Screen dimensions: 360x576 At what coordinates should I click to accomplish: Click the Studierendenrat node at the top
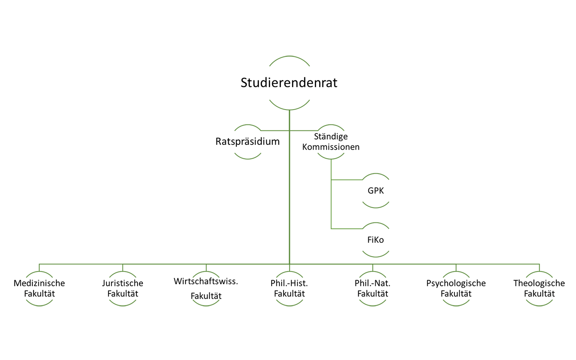pyautogui.click(x=289, y=83)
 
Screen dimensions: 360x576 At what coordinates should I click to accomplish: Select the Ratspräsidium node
pyautogui.click(x=248, y=142)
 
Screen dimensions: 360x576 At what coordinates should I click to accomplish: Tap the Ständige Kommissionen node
pyautogui.click(x=331, y=142)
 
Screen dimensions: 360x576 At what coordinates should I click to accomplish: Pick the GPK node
pyautogui.click(x=376, y=191)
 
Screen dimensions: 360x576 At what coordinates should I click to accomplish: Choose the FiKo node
pyautogui.click(x=376, y=240)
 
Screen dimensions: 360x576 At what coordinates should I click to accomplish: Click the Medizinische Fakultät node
pyautogui.click(x=39, y=288)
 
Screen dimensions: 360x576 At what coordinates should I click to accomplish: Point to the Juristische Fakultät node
pyautogui.click(x=123, y=288)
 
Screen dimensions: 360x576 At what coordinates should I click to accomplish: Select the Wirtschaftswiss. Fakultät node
pyautogui.click(x=206, y=288)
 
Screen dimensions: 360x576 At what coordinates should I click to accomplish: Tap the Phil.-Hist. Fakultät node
pyautogui.click(x=289, y=288)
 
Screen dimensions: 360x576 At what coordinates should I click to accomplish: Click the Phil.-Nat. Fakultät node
pyautogui.click(x=372, y=288)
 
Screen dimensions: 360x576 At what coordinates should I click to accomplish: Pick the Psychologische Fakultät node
pyautogui.click(x=456, y=288)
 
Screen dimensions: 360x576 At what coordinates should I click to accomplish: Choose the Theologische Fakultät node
pyautogui.click(x=539, y=288)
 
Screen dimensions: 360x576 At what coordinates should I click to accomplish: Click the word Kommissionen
pyautogui.click(x=331, y=147)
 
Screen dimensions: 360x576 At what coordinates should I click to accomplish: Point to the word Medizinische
pyautogui.click(x=39, y=283)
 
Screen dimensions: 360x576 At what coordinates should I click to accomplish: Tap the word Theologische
pyautogui.click(x=539, y=283)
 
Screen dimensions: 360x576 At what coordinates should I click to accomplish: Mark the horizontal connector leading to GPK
pyautogui.click(x=346, y=180)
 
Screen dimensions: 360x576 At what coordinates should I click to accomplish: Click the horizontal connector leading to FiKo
pyautogui.click(x=346, y=229)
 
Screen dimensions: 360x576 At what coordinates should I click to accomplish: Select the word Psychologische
pyautogui.click(x=456, y=283)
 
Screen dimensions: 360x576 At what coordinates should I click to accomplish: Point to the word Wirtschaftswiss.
pyautogui.click(x=206, y=281)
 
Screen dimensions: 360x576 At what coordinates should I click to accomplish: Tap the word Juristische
pyautogui.click(x=123, y=283)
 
